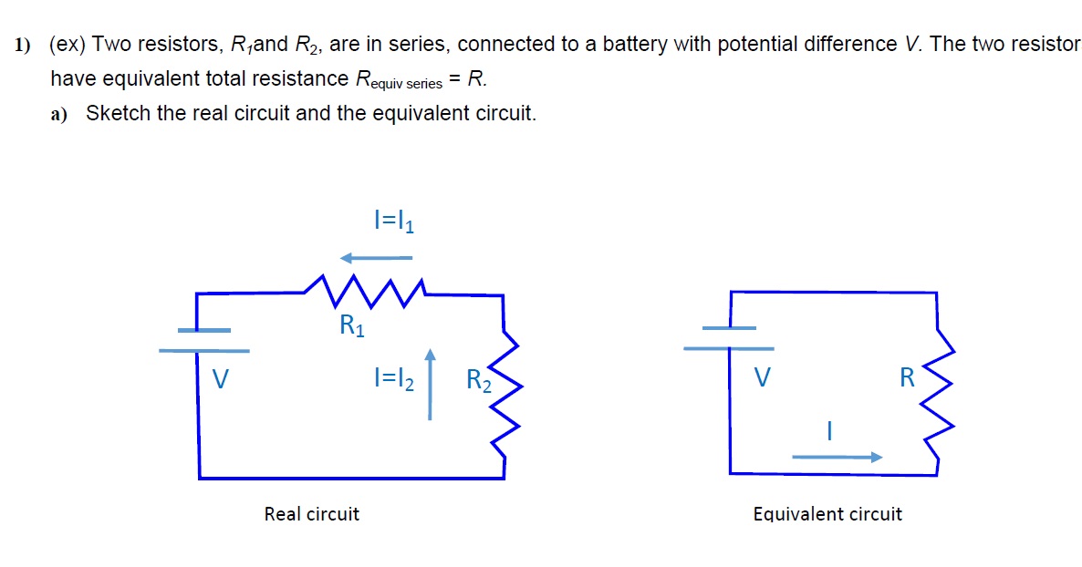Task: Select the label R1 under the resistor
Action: pos(351,325)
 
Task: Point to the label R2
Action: pos(478,380)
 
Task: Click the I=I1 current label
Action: pos(394,222)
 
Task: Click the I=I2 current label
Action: pos(393,378)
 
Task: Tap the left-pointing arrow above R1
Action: pos(375,258)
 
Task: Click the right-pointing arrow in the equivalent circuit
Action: pos(837,457)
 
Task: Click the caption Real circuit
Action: pos(311,514)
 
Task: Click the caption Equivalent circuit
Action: pos(827,514)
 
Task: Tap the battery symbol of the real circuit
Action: pos(203,340)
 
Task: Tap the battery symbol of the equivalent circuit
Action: pos(729,337)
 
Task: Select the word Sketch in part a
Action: pos(118,114)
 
